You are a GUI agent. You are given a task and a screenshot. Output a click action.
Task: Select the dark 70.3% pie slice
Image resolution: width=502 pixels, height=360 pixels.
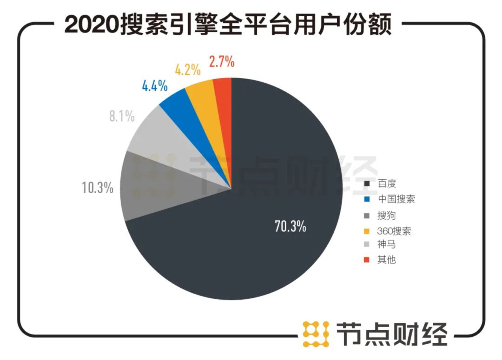coord(279,186)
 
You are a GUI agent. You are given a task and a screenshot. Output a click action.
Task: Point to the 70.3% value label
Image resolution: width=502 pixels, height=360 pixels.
coord(290,227)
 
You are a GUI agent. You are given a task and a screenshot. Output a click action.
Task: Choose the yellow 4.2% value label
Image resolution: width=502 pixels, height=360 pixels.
coord(188,70)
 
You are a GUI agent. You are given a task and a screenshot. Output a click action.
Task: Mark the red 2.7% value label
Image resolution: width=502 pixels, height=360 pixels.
coord(221,61)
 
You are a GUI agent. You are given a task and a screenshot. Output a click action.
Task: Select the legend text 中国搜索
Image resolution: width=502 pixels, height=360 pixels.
coord(396,199)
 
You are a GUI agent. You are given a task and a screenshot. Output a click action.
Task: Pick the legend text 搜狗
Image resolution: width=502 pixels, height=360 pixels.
coord(386,215)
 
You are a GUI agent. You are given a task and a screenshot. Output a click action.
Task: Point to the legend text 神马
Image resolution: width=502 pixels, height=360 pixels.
coord(386,245)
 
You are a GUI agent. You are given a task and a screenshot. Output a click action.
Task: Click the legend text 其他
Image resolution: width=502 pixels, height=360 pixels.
coord(386,260)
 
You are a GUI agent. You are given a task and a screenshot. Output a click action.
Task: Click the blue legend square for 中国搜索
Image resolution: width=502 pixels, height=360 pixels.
coord(367,199)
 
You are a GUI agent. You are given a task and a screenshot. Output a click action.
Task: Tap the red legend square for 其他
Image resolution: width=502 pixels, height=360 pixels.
coord(367,260)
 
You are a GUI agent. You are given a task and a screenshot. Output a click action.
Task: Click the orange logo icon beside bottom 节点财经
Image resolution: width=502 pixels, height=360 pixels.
coord(316,334)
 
